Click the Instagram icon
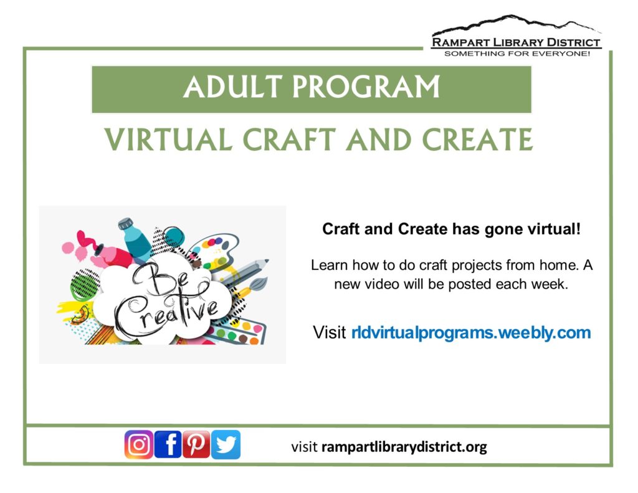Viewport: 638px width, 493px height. click(x=139, y=444)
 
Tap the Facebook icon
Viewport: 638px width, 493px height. click(x=168, y=444)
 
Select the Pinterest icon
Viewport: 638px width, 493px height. click(x=196, y=444)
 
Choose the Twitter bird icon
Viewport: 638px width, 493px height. click(x=226, y=444)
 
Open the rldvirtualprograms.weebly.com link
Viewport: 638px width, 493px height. click(x=471, y=333)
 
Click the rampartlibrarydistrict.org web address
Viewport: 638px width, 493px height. click(x=404, y=447)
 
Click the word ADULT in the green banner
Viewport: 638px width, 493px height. click(x=233, y=87)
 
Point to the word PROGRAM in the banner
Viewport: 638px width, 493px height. click(x=366, y=87)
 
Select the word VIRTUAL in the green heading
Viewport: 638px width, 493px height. click(x=168, y=140)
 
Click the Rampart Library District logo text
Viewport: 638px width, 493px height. click(x=516, y=42)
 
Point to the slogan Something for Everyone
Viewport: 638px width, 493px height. click(x=517, y=54)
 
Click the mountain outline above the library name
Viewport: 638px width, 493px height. click(x=516, y=24)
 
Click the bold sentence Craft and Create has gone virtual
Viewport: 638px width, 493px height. click(x=451, y=229)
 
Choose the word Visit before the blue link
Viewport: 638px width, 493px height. click(x=330, y=333)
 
